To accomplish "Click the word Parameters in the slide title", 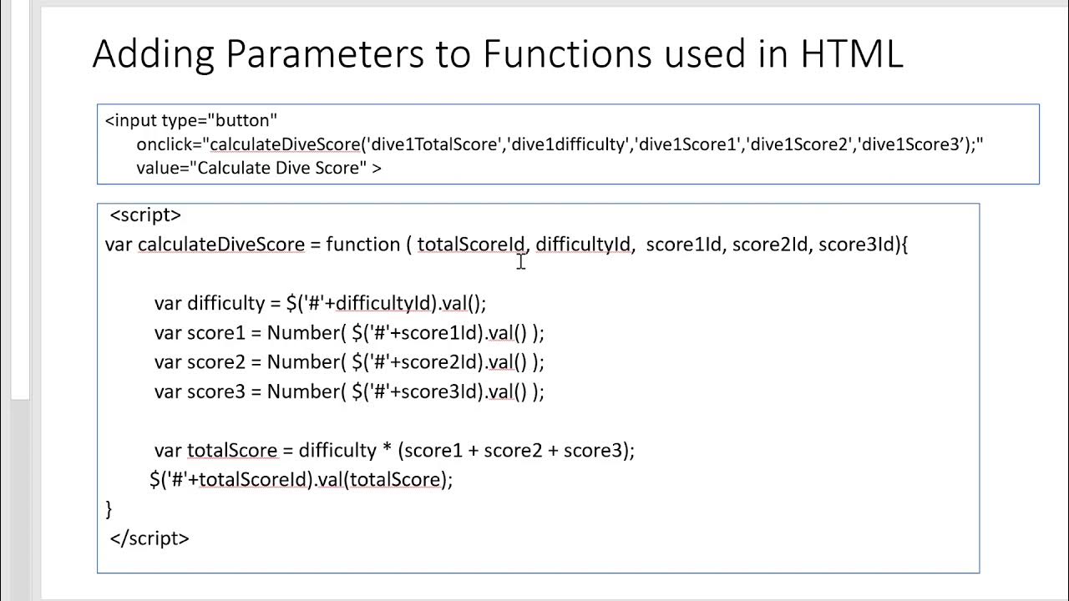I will point(318,54).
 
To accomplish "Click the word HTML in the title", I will point(851,54).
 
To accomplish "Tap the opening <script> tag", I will point(145,215).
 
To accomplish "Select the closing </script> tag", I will point(149,538).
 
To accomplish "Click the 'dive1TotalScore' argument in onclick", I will point(435,144).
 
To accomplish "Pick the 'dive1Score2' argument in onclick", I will point(799,144).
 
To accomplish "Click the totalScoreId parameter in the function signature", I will point(471,245).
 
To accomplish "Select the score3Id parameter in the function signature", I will point(856,245).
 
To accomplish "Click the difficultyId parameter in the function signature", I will point(583,245).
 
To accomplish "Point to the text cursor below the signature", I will point(520,262).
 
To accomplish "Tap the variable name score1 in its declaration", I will point(216,333).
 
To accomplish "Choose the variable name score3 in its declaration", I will point(216,391).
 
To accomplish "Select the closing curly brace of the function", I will point(109,508).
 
